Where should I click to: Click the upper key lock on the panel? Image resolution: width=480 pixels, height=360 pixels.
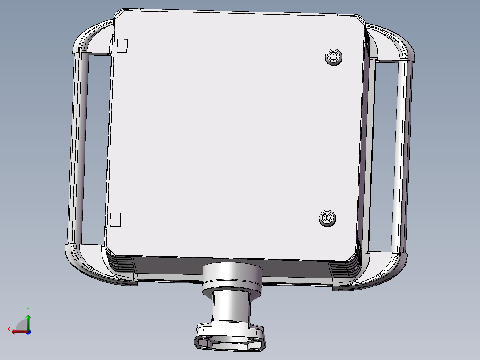tap(334, 57)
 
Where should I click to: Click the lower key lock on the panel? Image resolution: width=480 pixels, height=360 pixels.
tap(327, 218)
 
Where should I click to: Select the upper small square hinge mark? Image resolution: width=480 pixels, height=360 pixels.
tap(122, 45)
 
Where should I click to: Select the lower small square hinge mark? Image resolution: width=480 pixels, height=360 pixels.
tap(115, 220)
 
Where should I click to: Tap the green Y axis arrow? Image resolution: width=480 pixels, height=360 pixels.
tap(28, 322)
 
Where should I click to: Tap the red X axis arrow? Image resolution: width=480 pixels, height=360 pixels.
tap(20, 331)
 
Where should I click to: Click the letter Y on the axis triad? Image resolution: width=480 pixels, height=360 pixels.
tap(28, 310)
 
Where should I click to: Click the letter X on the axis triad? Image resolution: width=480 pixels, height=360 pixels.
tap(9, 329)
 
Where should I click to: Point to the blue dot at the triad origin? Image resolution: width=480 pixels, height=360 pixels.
tap(28, 332)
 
